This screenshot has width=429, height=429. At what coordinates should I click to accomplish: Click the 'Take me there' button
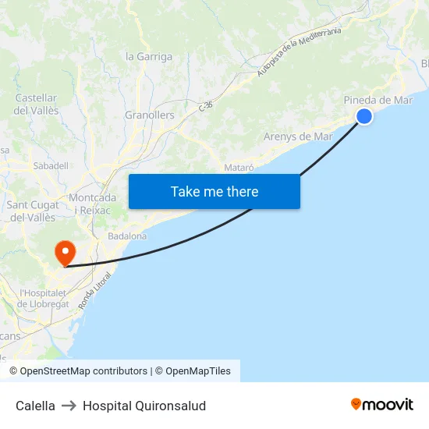(x=214, y=191)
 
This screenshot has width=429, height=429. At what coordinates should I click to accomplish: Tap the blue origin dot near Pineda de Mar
(x=364, y=116)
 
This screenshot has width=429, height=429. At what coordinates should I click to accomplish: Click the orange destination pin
(x=64, y=253)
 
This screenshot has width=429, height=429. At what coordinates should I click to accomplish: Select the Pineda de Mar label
(x=378, y=100)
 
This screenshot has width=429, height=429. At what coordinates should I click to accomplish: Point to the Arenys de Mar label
(x=298, y=136)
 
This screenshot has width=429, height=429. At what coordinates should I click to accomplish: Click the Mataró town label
(x=239, y=168)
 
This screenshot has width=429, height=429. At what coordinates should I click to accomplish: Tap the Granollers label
(x=150, y=115)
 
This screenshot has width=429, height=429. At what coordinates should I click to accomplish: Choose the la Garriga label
(x=149, y=56)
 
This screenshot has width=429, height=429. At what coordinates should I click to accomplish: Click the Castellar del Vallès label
(x=37, y=105)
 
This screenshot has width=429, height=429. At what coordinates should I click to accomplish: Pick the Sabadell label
(x=51, y=166)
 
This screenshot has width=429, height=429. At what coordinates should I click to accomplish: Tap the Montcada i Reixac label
(x=92, y=204)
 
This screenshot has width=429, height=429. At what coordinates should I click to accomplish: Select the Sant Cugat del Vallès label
(x=34, y=211)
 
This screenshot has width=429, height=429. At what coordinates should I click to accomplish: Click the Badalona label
(x=127, y=236)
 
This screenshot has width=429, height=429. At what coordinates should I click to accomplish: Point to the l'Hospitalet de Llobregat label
(x=44, y=298)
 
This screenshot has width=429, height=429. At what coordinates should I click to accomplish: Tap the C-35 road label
(x=206, y=105)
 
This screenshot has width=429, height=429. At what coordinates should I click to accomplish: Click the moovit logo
(x=381, y=405)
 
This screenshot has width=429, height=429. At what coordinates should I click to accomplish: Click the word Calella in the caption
(x=35, y=406)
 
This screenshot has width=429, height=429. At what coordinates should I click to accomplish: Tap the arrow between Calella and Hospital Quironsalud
(x=69, y=406)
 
